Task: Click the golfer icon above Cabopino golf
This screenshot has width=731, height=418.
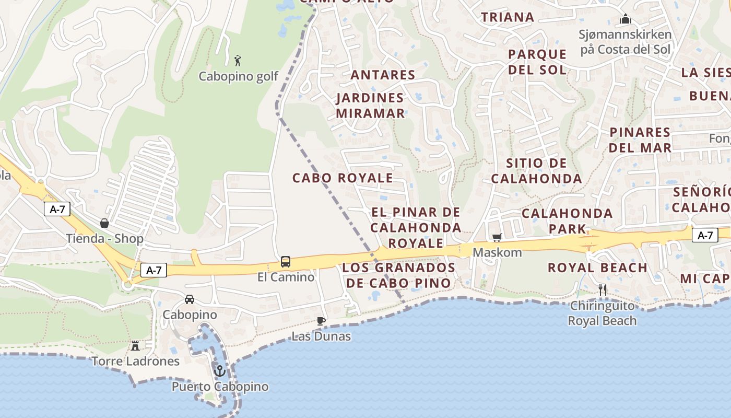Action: [x=238, y=60]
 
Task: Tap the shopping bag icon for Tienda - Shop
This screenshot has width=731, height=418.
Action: [x=104, y=223]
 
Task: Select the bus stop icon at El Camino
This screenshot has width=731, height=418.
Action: [x=286, y=261]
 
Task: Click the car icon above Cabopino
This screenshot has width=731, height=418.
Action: [x=190, y=299]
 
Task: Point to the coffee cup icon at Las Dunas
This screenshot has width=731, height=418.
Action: [x=321, y=321]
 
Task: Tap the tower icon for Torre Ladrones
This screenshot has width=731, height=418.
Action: [x=135, y=345]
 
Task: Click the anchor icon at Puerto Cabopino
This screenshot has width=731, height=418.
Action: [x=220, y=371]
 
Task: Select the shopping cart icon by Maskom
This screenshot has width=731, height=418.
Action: [x=497, y=238]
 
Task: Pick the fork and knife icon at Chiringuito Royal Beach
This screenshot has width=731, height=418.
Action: [x=602, y=289]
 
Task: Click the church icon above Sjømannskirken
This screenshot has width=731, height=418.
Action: [x=626, y=20]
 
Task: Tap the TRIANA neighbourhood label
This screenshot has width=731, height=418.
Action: [x=508, y=17]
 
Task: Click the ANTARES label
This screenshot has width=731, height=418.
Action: [x=383, y=75]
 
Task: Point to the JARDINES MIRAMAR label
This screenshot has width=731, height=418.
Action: [x=370, y=106]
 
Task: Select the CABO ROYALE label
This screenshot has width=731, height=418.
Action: [x=343, y=178]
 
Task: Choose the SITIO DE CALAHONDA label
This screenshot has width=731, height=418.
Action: [x=536, y=171]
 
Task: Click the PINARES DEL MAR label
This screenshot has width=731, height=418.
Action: [x=640, y=140]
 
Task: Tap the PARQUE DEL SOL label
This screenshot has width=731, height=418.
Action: [x=537, y=62]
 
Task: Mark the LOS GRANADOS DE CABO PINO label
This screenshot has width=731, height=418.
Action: [x=398, y=275]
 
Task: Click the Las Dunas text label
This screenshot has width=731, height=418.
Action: [x=321, y=336]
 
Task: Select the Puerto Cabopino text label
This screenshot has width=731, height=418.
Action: [x=220, y=387]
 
